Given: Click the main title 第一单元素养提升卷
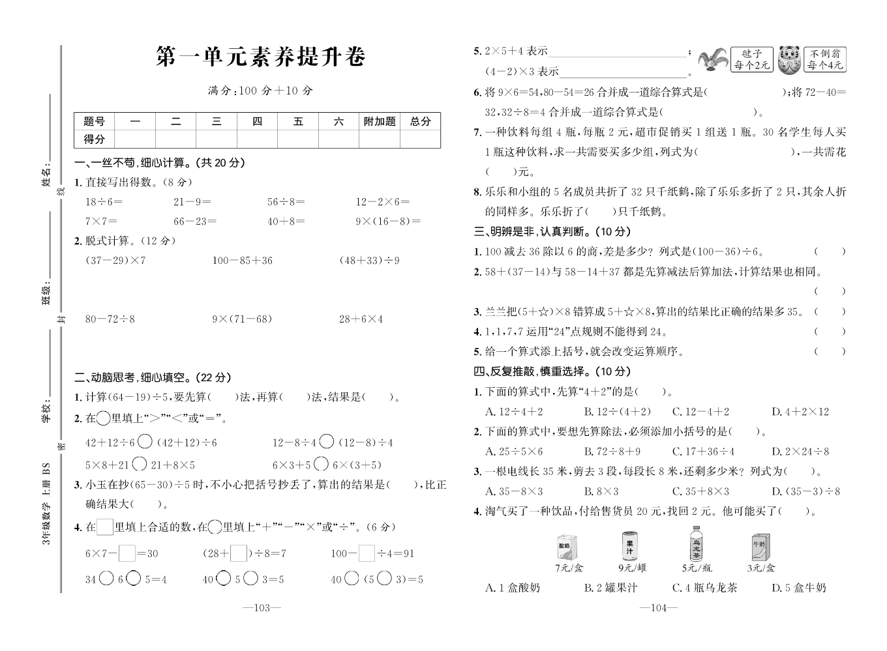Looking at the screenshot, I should pos(261,57).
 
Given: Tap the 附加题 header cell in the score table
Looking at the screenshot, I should pos(380,121).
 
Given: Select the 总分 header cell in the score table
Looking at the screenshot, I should pos(421,121).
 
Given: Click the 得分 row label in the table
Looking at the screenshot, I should pos(95,139).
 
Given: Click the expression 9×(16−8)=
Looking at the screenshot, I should pos(388,222).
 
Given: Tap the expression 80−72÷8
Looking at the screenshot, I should pos(110,319).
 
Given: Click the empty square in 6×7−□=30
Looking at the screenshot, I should pos(127,554).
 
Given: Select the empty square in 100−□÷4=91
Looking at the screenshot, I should pos(367,554).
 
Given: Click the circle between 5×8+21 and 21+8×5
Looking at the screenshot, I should pos(139,465).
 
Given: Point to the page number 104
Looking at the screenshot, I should pos(659,608).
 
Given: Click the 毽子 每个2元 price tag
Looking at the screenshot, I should pos(751,59).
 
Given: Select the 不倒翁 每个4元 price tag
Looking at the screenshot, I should pos(825,59).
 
